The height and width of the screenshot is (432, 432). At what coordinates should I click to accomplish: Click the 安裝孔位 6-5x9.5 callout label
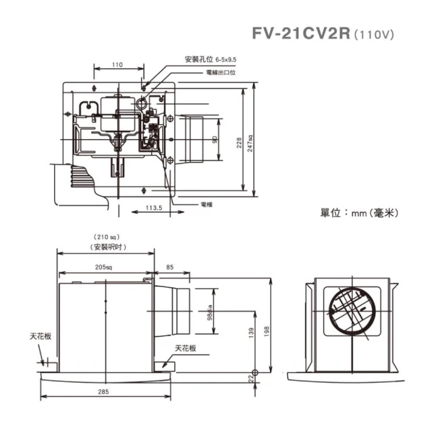pyautogui.click(x=210, y=59)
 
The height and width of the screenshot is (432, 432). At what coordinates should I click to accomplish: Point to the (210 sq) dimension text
pyautogui.click(x=106, y=237)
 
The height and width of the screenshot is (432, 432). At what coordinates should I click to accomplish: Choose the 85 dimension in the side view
pyautogui.click(x=169, y=268)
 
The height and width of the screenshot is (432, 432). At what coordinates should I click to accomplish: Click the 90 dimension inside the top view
pyautogui.click(x=214, y=140)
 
